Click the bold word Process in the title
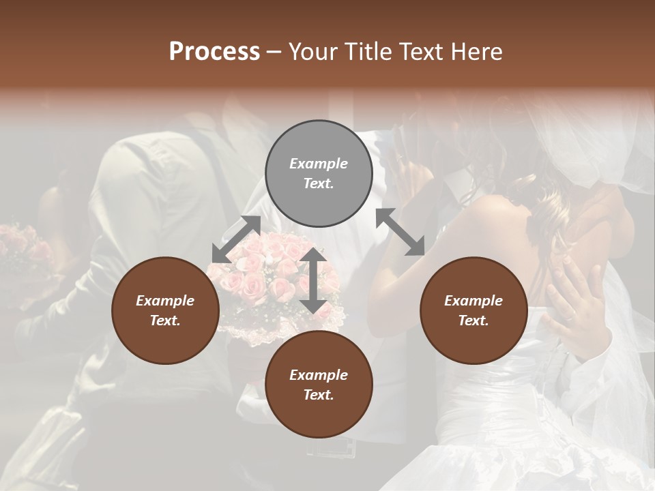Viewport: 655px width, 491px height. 214,52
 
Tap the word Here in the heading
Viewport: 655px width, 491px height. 476,52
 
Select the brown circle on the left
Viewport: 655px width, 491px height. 165,310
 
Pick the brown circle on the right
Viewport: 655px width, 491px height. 474,310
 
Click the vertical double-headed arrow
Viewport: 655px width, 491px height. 312,280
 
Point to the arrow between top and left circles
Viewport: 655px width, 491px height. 236,239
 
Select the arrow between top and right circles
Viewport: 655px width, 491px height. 400,232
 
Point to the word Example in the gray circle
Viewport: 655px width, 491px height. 319,164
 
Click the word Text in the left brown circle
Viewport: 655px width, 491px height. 165,321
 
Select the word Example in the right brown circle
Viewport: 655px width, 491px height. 474,301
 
